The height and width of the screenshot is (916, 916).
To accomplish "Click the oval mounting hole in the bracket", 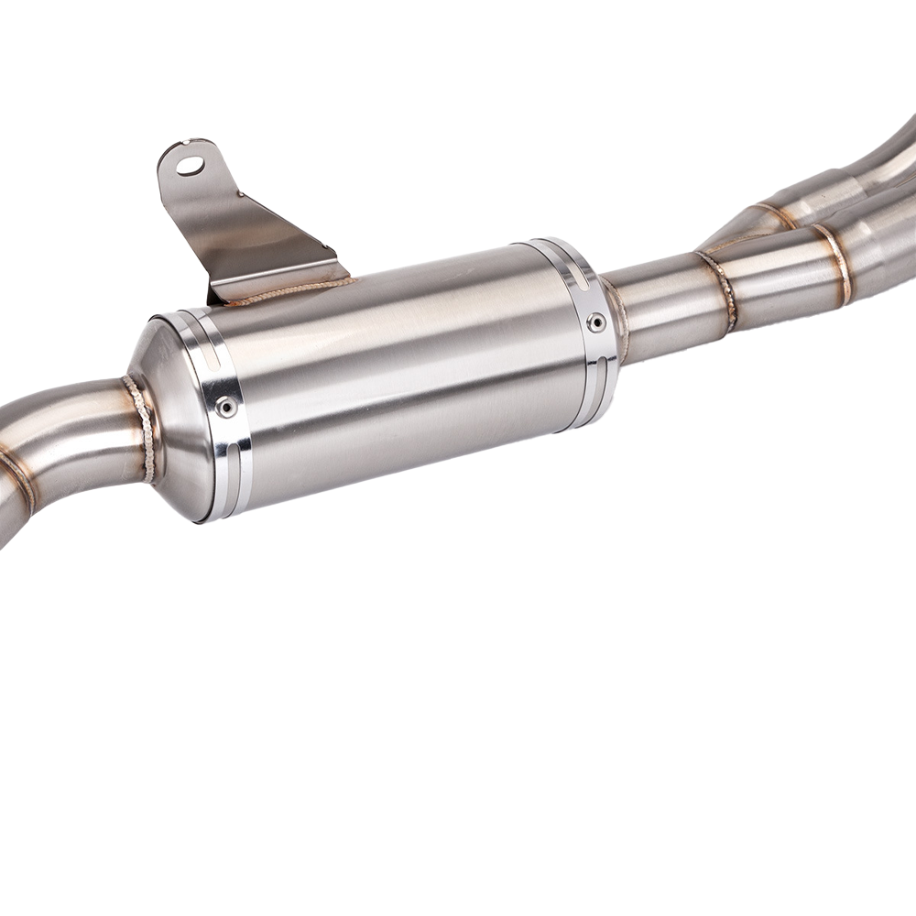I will (191, 166).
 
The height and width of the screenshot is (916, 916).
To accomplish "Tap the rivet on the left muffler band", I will (224, 407).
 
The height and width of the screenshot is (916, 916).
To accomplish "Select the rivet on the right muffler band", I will (596, 322).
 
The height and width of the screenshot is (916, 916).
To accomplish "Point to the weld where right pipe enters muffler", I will (617, 316).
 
